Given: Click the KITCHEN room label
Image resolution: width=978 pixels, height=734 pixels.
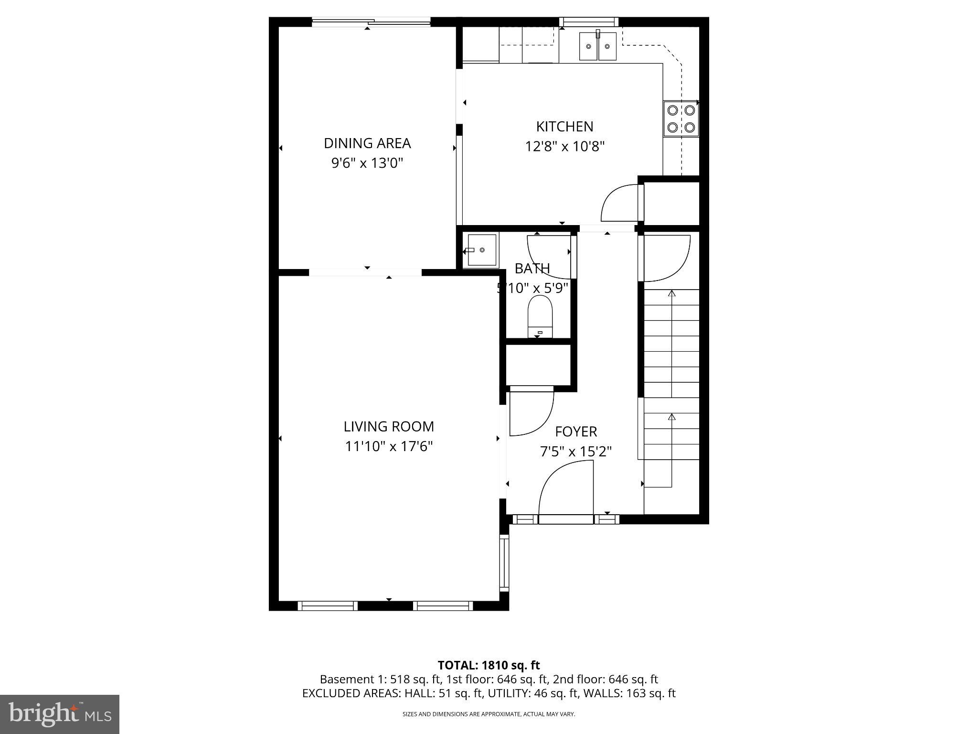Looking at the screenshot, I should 564,127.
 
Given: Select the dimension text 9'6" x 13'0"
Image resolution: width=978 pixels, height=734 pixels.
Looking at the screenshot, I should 367,163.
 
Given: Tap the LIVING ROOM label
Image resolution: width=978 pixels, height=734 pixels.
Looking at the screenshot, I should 389,426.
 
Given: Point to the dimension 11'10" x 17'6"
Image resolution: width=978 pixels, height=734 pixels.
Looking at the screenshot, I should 389,447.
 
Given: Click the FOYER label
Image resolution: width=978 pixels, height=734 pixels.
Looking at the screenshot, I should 576,432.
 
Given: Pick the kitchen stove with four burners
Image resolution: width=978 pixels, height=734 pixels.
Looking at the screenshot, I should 681,119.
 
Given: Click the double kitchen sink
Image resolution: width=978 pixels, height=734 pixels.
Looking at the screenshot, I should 598,46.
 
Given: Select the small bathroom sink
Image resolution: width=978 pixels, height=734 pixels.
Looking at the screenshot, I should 481,250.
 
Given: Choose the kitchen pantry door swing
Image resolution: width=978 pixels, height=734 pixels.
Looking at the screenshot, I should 620,203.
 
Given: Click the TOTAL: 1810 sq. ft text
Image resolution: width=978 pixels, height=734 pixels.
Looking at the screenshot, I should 489,665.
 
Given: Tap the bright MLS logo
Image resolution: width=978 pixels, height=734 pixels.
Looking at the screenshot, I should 60,714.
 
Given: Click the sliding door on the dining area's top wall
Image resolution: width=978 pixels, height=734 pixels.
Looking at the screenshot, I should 372,22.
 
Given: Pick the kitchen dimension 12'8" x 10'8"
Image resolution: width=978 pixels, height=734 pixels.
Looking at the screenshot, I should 564,147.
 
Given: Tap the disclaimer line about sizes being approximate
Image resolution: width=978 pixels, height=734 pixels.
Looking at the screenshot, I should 489,714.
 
